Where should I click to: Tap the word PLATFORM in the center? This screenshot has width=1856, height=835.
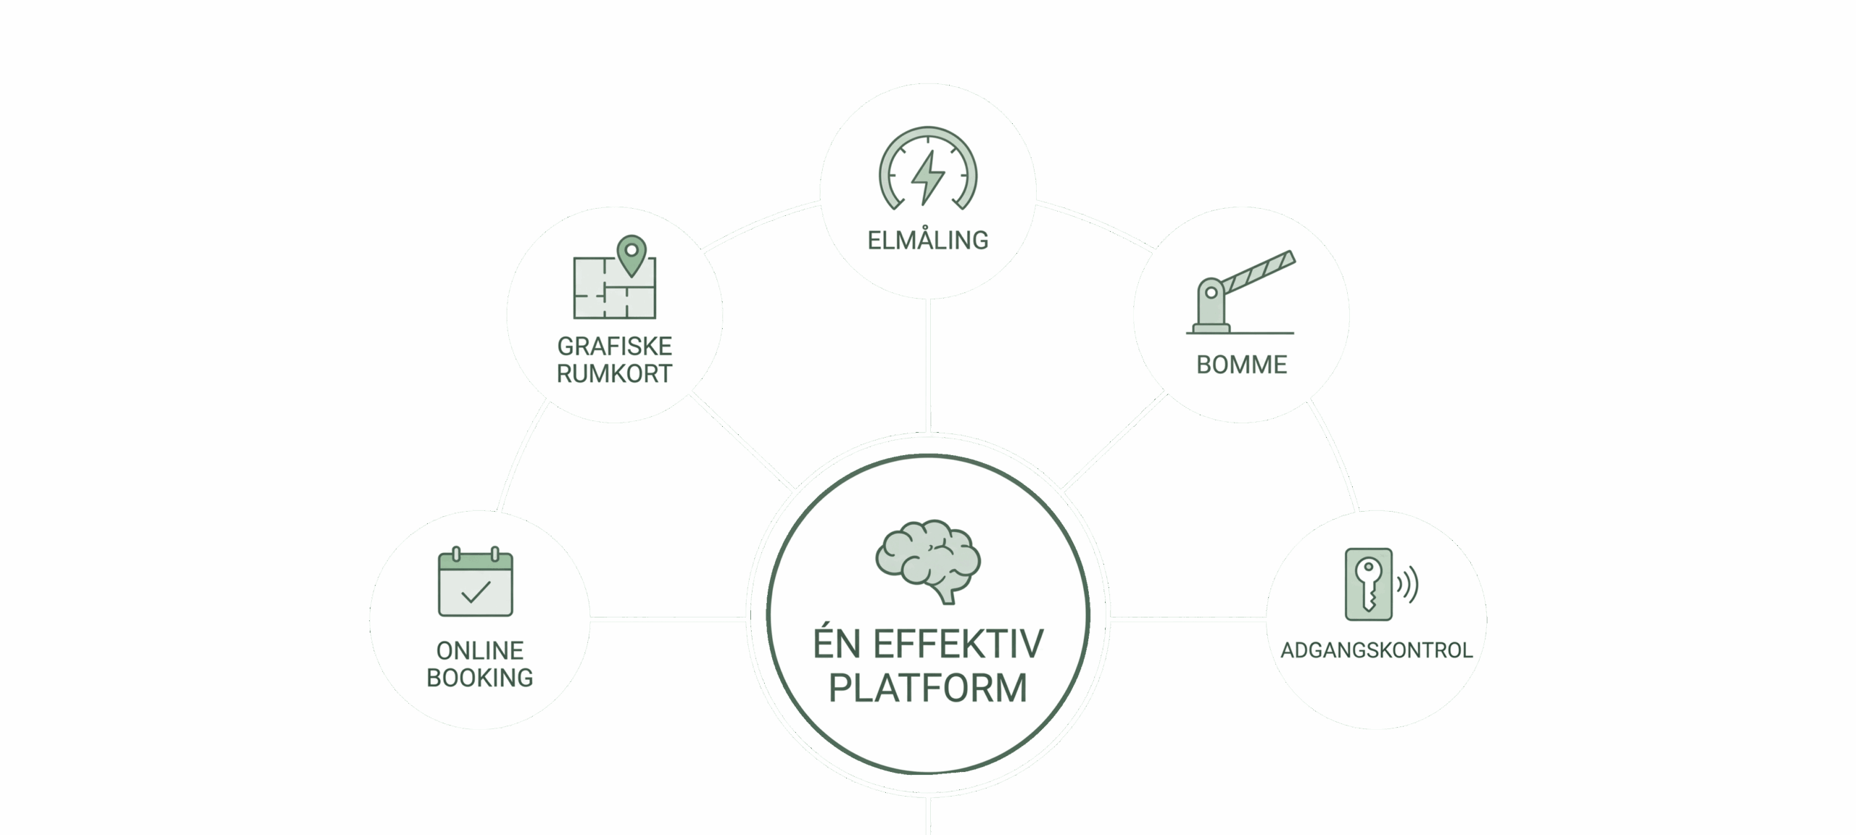pyautogui.click(x=928, y=688)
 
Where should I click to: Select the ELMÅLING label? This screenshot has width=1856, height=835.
pyautogui.click(x=928, y=240)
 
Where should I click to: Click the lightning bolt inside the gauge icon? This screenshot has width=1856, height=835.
pyautogui.click(x=927, y=178)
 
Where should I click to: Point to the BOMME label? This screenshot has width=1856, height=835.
pyautogui.click(x=1241, y=365)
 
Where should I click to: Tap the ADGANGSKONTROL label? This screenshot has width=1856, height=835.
pyautogui.click(x=1376, y=650)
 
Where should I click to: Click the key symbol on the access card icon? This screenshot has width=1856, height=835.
pyautogui.click(x=1369, y=584)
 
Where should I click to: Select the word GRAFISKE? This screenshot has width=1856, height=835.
pyautogui.click(x=614, y=346)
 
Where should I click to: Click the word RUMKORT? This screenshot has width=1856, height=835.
pyautogui.click(x=614, y=374)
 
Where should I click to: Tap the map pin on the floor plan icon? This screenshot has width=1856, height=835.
pyautogui.click(x=631, y=254)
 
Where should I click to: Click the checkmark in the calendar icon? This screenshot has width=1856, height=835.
pyautogui.click(x=476, y=592)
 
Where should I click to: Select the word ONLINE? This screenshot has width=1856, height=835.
pyautogui.click(x=479, y=650)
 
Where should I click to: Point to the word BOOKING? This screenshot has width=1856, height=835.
pyautogui.click(x=479, y=678)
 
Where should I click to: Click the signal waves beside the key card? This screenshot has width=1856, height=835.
pyautogui.click(x=1407, y=586)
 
